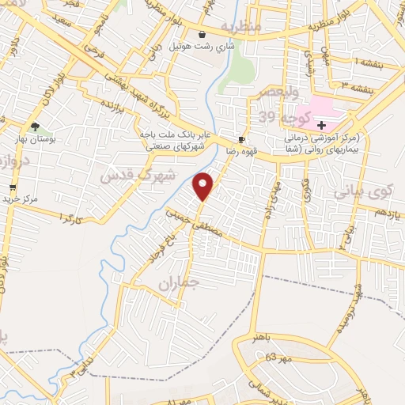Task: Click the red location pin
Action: tap(204, 186)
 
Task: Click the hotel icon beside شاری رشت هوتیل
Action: tap(203, 34)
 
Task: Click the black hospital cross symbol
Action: tap(322, 124)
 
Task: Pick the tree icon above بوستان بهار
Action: tap(34, 126)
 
